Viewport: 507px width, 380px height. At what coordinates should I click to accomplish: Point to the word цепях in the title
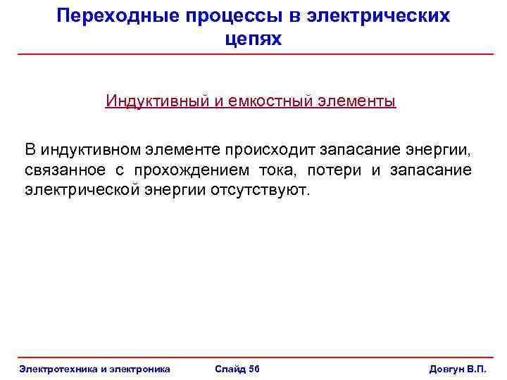[254, 39]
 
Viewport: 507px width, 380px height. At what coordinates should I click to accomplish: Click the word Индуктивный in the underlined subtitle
[156, 101]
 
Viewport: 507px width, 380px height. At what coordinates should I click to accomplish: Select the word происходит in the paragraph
[270, 149]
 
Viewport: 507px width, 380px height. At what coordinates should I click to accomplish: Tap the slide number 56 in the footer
[254, 369]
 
